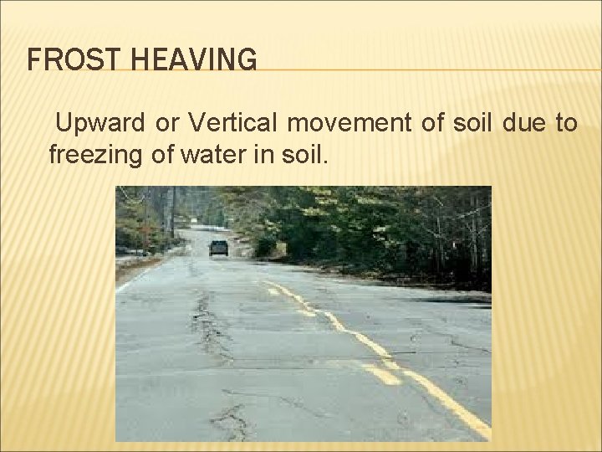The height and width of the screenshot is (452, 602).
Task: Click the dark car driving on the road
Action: click(218, 247)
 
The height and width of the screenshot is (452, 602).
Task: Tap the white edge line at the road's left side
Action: click(134, 276)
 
